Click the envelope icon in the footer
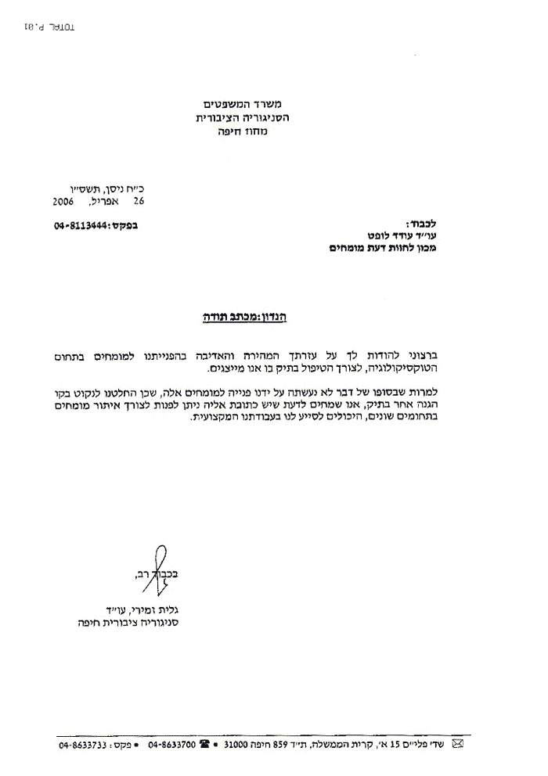(x=458, y=745)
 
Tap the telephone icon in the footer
(x=205, y=745)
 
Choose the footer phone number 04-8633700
(x=171, y=745)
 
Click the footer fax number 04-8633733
(x=84, y=745)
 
